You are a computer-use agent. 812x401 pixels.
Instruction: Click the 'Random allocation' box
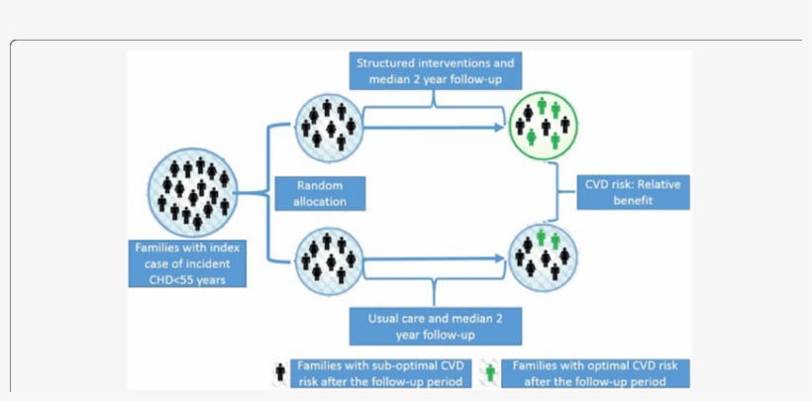(x=319, y=193)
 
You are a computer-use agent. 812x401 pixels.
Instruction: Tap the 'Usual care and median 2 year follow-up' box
(x=435, y=325)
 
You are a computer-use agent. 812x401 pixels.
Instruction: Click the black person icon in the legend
(x=280, y=372)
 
